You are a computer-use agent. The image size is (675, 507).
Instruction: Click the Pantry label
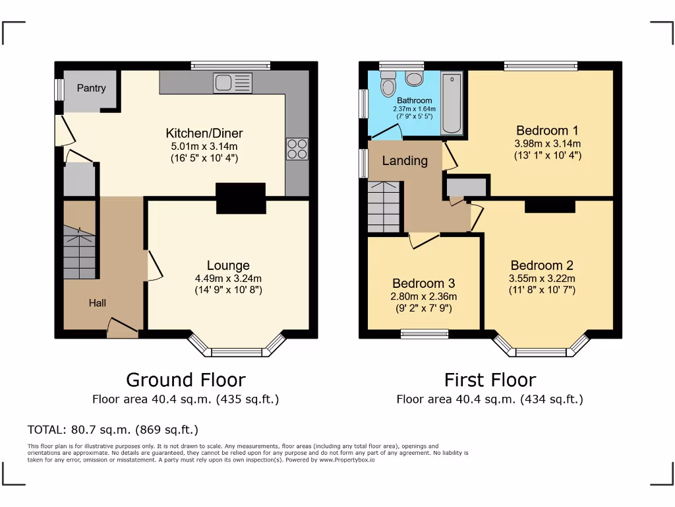point(91,88)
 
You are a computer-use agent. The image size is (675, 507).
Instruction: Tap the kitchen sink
point(233,83)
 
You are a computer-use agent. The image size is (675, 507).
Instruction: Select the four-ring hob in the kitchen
point(297,149)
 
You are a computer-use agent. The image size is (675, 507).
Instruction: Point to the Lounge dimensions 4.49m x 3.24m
point(228,279)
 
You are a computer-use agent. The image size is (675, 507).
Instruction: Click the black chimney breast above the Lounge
point(241,198)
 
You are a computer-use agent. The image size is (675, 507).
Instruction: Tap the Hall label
point(98,303)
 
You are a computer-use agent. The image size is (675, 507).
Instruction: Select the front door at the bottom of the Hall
point(123,327)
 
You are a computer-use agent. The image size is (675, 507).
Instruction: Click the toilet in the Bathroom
point(388,86)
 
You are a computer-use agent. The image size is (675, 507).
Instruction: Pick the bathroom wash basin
point(415,79)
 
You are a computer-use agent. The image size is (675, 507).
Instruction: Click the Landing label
point(405,160)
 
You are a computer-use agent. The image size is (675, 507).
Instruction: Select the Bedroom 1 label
point(548,130)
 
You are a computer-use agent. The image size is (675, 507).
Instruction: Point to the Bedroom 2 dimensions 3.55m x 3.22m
point(543,278)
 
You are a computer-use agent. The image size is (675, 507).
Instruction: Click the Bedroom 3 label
point(423,283)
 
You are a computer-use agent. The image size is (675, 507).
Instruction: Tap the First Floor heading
point(490,380)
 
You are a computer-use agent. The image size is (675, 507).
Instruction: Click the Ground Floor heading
point(185,380)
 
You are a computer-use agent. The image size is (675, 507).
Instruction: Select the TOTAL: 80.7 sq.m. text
point(113,430)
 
